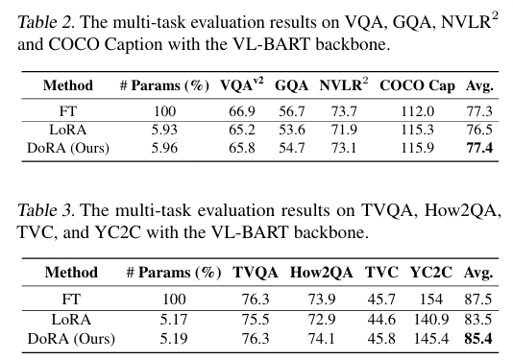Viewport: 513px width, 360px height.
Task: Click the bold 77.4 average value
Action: tap(479, 148)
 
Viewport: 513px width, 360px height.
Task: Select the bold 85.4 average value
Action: tap(478, 339)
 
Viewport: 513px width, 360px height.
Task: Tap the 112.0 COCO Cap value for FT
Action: tap(418, 111)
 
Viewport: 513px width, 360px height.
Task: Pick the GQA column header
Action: tap(291, 85)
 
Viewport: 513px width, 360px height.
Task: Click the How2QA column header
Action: tap(321, 273)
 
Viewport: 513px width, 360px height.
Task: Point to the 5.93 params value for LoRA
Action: tap(164, 130)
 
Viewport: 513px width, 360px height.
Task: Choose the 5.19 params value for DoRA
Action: tap(174, 339)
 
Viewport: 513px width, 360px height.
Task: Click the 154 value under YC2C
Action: tap(431, 300)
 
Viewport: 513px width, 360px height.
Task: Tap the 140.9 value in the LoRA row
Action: tap(431, 319)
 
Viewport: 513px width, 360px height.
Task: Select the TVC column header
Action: tap(381, 273)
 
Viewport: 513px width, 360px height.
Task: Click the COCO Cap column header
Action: tap(417, 86)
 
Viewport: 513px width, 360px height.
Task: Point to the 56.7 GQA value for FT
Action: tap(291, 111)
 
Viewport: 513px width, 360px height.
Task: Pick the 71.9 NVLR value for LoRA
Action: tap(344, 130)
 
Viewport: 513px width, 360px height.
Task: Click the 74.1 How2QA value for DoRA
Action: tap(321, 339)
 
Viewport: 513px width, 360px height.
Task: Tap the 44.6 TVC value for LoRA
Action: tap(381, 319)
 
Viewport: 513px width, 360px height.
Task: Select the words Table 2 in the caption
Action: tap(46, 23)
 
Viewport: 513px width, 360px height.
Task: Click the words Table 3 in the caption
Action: tap(46, 210)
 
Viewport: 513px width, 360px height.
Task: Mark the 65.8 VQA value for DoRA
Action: tap(242, 148)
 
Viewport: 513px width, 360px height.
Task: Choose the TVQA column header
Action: tap(256, 273)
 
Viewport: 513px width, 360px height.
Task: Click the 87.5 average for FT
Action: tap(478, 300)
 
